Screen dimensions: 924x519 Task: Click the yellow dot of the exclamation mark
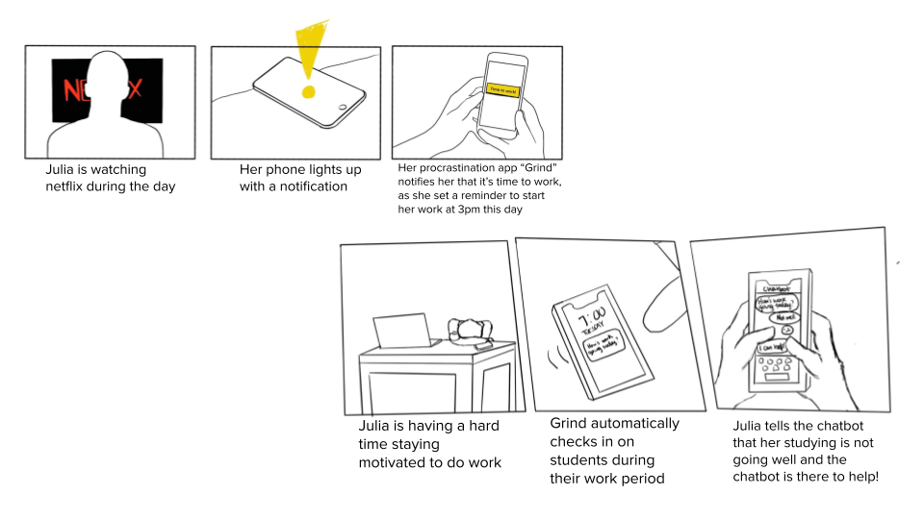[308, 92]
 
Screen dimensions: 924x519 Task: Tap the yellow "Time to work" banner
[503, 89]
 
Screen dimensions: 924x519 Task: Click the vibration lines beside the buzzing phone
[555, 362]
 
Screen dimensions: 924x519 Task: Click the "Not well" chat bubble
[785, 316]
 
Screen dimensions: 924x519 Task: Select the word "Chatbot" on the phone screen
[777, 287]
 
